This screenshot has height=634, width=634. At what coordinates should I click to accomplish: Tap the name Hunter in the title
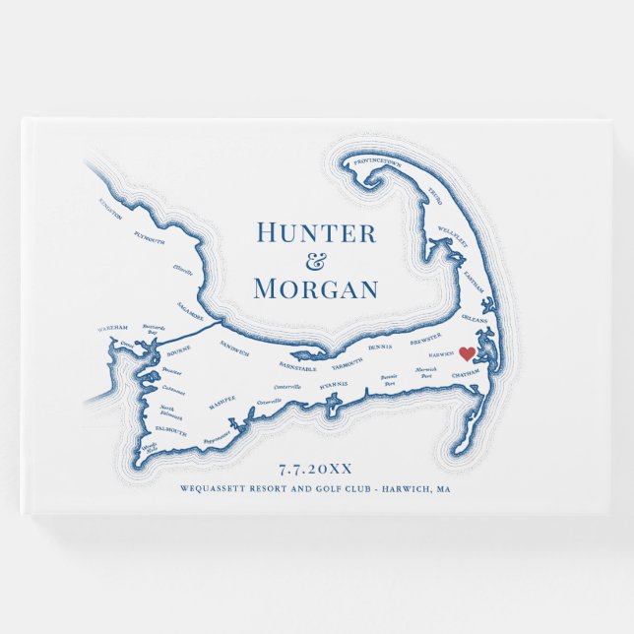point(315,233)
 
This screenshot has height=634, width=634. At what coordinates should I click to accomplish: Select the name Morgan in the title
point(315,289)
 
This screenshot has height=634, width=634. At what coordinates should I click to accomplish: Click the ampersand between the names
point(315,261)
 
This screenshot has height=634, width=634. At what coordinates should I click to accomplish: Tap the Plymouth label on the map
point(149,237)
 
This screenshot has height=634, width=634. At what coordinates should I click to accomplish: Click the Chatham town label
point(464,374)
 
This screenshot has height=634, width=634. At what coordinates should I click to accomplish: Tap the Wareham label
point(113,326)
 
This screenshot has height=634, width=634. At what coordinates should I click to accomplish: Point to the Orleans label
point(475,318)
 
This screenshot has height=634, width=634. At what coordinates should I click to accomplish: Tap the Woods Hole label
point(150,448)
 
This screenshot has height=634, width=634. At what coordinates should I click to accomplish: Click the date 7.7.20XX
point(315,469)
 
